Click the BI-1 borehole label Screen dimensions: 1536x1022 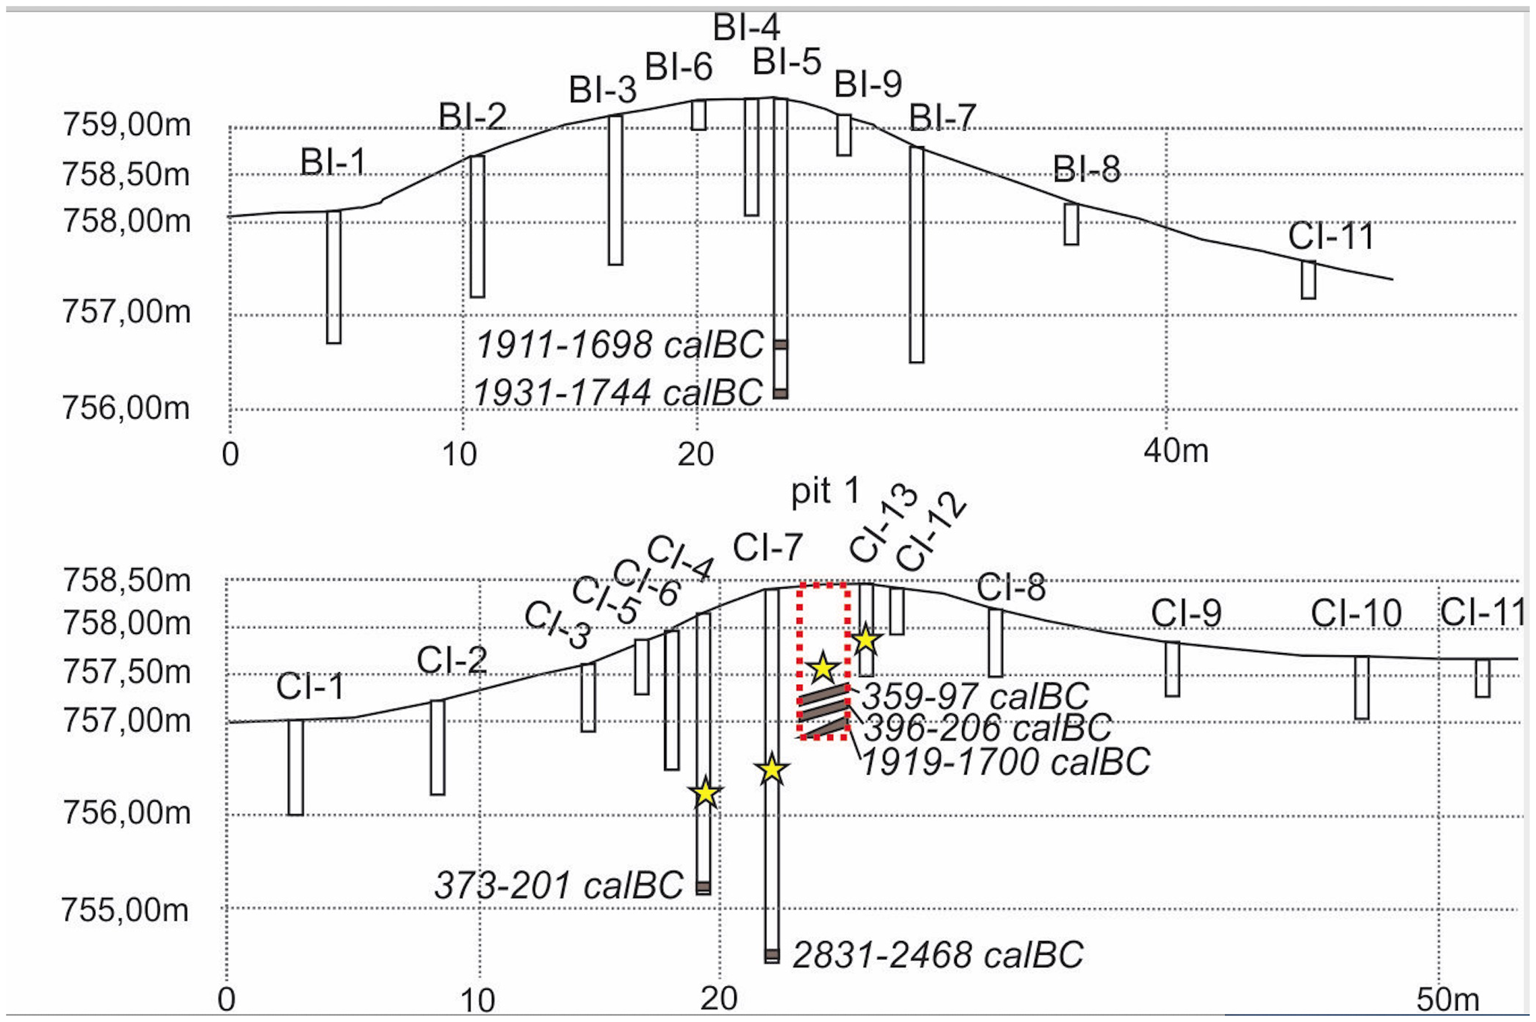tap(333, 162)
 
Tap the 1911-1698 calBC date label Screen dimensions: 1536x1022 tap(620, 344)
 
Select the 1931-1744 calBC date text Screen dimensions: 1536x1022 tap(618, 392)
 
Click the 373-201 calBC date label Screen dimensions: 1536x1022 tap(559, 885)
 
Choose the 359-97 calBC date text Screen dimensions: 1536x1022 tap(976, 696)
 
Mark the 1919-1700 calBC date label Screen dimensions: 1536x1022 tap(1006, 762)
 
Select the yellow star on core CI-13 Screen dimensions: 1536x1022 tap(865, 640)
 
